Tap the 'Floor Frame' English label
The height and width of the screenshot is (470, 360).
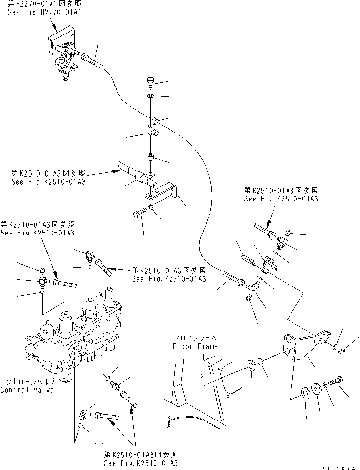(195, 346)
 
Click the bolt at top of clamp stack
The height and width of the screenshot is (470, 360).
(150, 84)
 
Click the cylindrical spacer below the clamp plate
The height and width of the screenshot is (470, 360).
(151, 158)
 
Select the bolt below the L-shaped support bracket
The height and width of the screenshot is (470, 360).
(138, 214)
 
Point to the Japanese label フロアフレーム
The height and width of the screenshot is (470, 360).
(195, 338)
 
